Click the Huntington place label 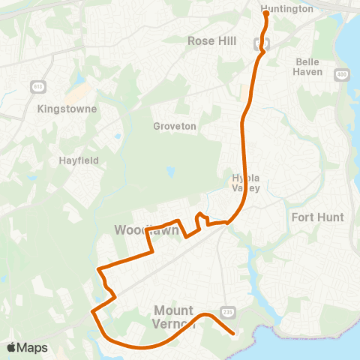coord(287,9)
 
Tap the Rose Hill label coord(211,42)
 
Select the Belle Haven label coord(308,67)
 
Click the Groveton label coord(174,127)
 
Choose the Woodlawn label coord(147,229)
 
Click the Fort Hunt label coord(317,217)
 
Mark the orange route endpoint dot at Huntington coord(265,13)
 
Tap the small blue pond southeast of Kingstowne coord(118,136)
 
